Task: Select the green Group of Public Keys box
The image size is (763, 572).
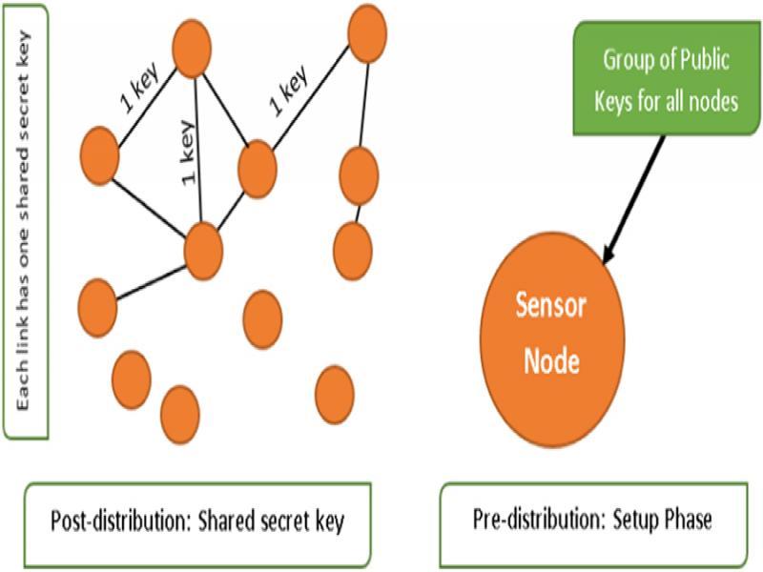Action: [x=669, y=81]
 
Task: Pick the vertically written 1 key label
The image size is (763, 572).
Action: [x=188, y=152]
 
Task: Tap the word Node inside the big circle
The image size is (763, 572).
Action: [x=548, y=362]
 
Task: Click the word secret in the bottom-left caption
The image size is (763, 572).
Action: [x=265, y=521]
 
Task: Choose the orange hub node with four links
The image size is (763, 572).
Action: [x=202, y=251]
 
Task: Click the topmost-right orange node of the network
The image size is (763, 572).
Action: [x=367, y=33]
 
